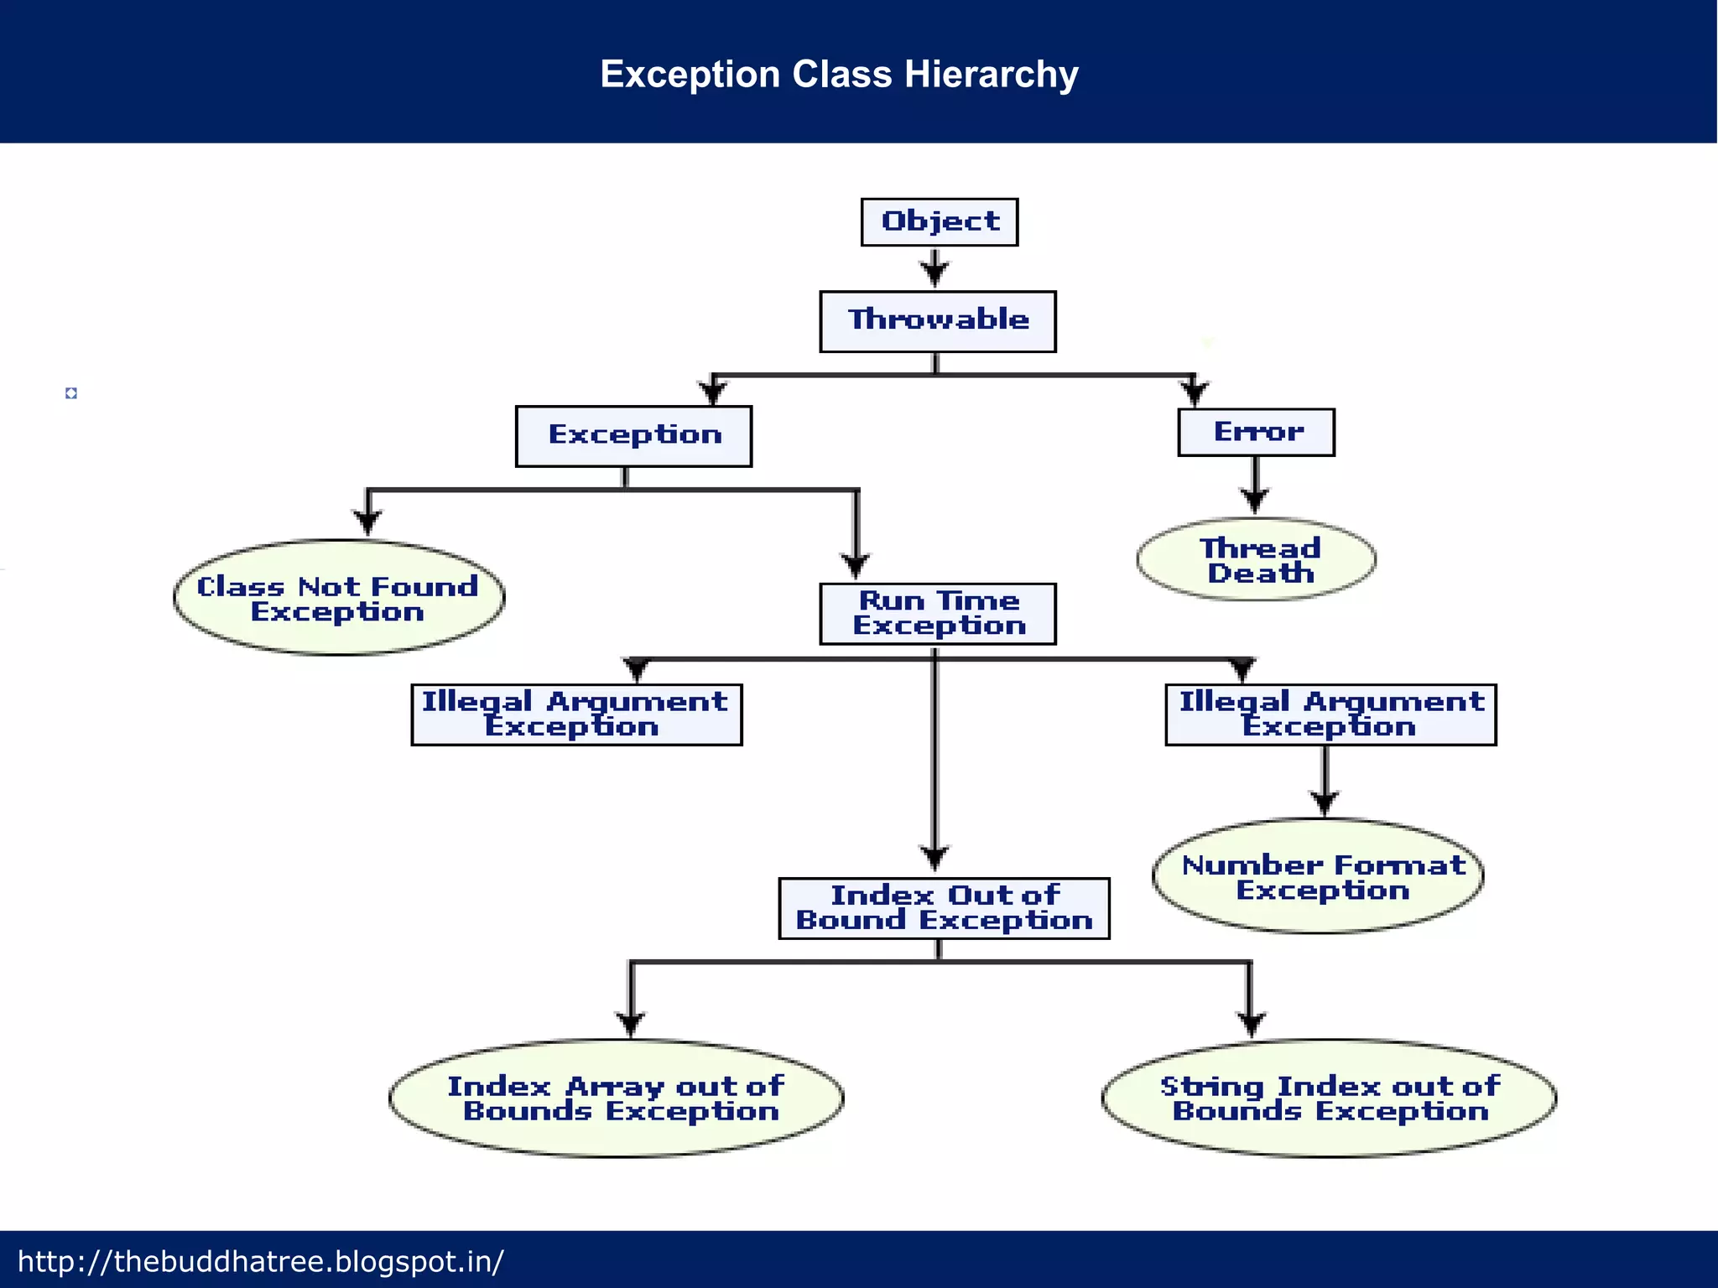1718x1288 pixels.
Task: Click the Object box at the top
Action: tap(939, 222)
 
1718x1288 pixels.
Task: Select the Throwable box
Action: tap(937, 321)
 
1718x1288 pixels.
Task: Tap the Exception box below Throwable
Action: tap(633, 436)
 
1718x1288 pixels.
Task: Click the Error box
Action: tap(1256, 433)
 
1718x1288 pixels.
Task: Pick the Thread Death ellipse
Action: tap(1256, 560)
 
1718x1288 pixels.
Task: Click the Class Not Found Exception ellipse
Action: tap(339, 598)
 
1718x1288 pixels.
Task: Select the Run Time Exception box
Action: tap(937, 614)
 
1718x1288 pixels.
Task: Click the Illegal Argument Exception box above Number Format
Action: tap(1330, 714)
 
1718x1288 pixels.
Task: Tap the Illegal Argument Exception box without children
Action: tap(576, 714)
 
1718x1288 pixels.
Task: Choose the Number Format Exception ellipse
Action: tap(1318, 876)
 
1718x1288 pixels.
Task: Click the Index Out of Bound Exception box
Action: tap(944, 908)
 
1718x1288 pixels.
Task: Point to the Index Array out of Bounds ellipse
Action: tap(616, 1098)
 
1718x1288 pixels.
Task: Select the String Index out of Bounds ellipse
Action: tap(1329, 1098)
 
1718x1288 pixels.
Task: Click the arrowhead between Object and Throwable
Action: tap(934, 272)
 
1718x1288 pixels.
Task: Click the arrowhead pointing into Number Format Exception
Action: tap(1325, 802)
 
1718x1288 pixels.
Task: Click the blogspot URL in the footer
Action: tap(261, 1261)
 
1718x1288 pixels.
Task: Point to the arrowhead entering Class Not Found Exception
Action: tap(367, 522)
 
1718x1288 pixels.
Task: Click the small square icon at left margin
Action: tap(71, 393)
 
